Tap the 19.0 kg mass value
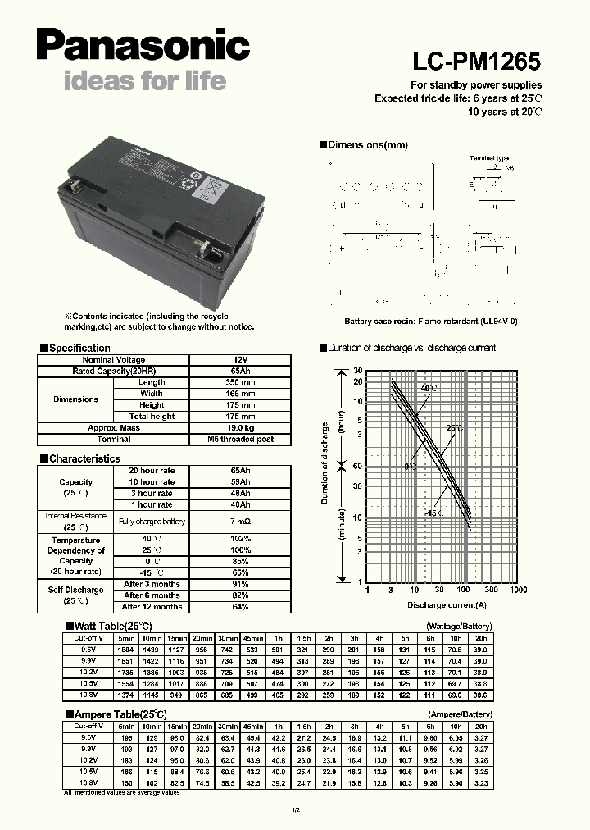[x=240, y=428]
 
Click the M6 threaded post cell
[x=240, y=440]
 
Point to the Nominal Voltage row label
[x=114, y=360]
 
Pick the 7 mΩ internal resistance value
[x=240, y=522]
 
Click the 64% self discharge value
[x=240, y=607]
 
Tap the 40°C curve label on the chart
[x=429, y=388]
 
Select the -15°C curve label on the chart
[x=433, y=513]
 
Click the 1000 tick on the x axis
[x=518, y=590]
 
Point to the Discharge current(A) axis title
[x=447, y=605]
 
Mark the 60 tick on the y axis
[x=357, y=466]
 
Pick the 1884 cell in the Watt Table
[x=126, y=649]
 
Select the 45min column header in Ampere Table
[x=252, y=727]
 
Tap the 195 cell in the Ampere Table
[x=126, y=737]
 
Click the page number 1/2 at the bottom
[x=294, y=810]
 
